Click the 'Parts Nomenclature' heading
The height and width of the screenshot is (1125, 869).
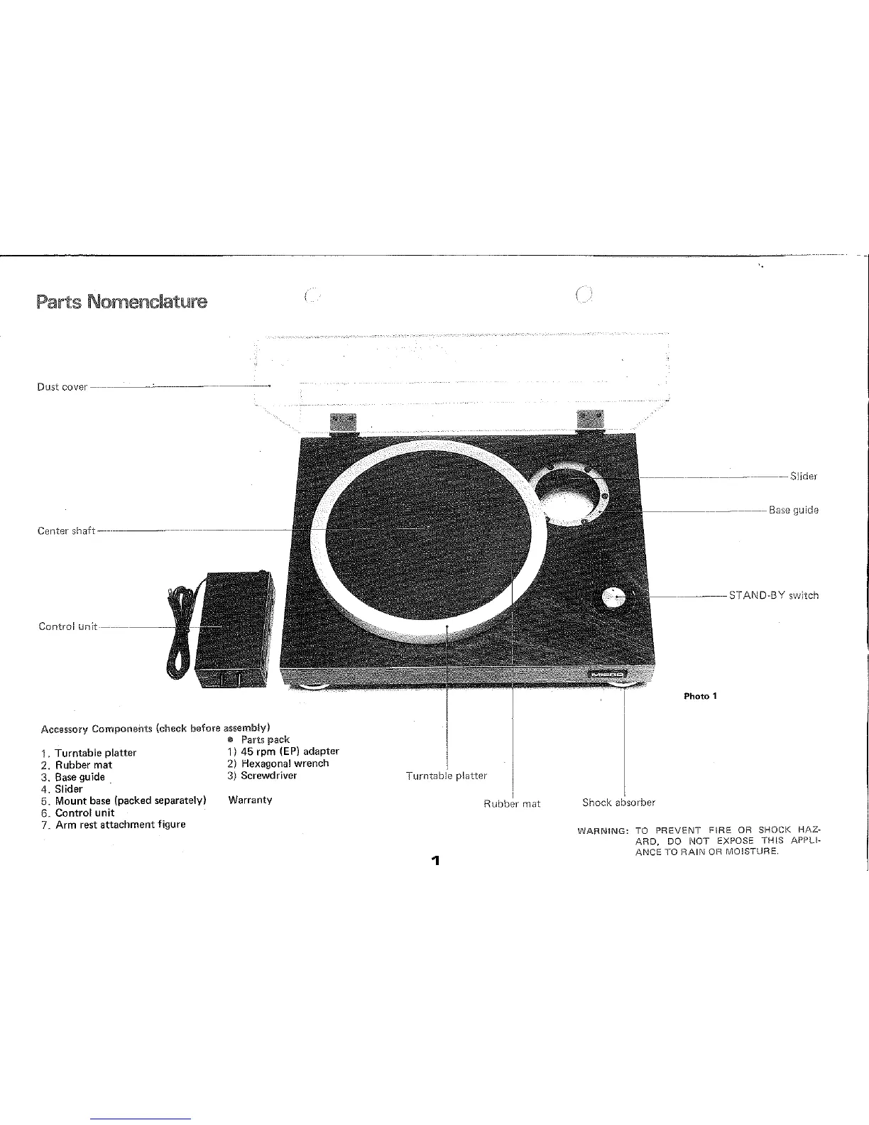(x=121, y=302)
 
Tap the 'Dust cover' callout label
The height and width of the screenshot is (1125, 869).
(x=62, y=387)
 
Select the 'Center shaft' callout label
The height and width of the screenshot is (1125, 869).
(x=66, y=531)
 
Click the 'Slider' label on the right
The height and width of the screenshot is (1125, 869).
(x=804, y=477)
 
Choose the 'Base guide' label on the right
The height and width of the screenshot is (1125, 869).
(x=794, y=510)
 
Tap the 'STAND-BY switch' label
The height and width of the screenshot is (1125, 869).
(x=774, y=595)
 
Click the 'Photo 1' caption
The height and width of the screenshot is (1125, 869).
(x=701, y=696)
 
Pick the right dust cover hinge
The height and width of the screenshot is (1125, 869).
(x=589, y=420)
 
